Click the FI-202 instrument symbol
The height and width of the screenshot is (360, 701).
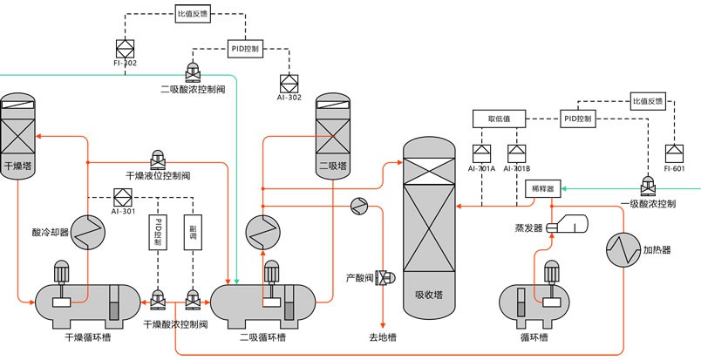124,48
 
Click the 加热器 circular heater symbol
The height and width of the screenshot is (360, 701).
624,249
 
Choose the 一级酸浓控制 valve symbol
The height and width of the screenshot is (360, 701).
648,185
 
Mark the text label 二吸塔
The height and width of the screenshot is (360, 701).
331,165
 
